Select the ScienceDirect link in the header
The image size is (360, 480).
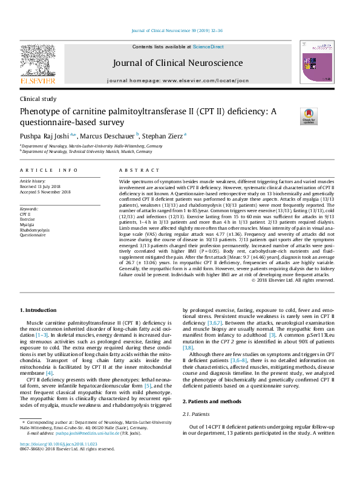208,47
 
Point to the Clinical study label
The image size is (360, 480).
38,99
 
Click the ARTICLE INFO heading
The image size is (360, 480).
48,170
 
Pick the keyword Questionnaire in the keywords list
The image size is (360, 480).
33,235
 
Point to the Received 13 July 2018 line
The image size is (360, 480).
44,186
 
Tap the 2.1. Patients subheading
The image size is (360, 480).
195,414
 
